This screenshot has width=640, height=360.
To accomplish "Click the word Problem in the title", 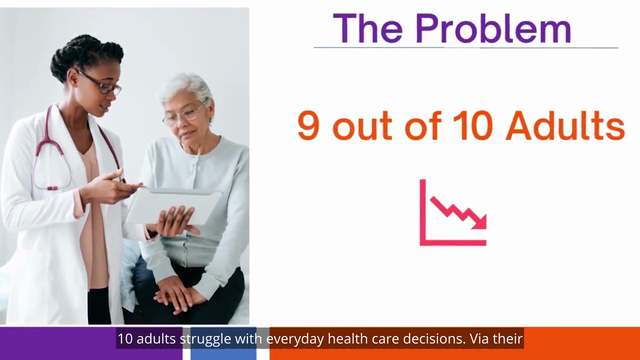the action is [x=493, y=29].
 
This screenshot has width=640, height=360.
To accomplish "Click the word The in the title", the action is [x=368, y=29].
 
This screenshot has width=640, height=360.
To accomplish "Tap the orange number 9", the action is [x=308, y=126].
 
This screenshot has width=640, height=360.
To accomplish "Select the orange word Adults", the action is [x=565, y=125].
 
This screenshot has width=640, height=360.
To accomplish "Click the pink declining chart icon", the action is [x=453, y=213].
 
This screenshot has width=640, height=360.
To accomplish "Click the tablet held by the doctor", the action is [x=173, y=206].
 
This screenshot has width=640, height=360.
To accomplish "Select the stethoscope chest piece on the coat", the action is [x=52, y=188].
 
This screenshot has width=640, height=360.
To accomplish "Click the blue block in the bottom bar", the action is [x=224, y=343].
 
